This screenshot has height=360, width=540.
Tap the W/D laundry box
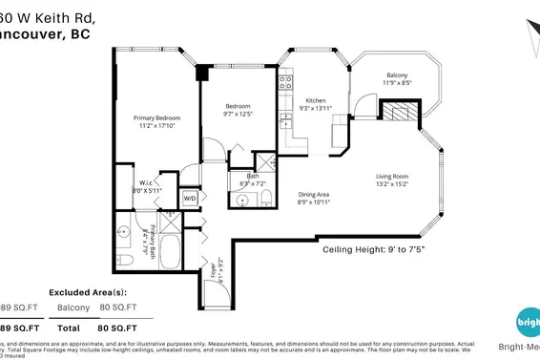click(x=189, y=199)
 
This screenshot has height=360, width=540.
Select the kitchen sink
click(x=284, y=121)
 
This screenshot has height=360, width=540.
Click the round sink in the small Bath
click(x=242, y=200)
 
